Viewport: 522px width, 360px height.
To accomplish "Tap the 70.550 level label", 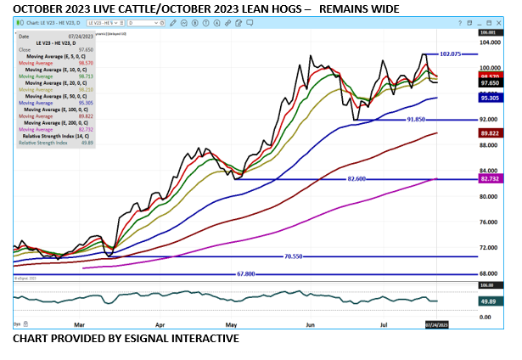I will click(295, 256).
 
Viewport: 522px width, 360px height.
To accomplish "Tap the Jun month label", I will click(311, 323).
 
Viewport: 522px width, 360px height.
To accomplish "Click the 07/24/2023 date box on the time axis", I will click(435, 323).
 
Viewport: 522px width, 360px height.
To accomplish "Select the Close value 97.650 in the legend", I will click(82, 50).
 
